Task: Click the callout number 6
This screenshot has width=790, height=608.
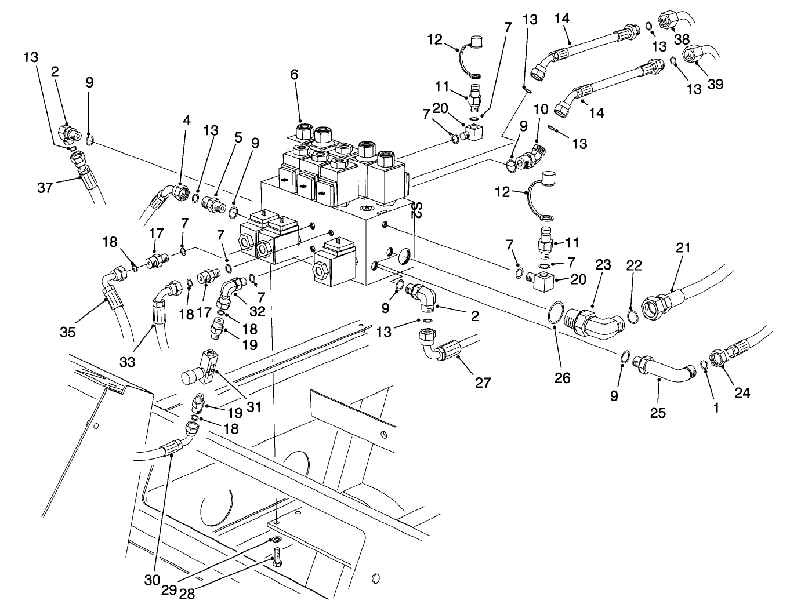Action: click(294, 75)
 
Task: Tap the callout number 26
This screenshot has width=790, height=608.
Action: click(562, 378)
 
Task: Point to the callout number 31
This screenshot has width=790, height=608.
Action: click(253, 407)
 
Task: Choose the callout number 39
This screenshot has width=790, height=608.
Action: click(716, 85)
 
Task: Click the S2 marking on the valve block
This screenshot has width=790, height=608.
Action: click(415, 210)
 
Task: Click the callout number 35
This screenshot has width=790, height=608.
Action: click(68, 333)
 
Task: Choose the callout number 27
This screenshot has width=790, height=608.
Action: click(483, 383)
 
